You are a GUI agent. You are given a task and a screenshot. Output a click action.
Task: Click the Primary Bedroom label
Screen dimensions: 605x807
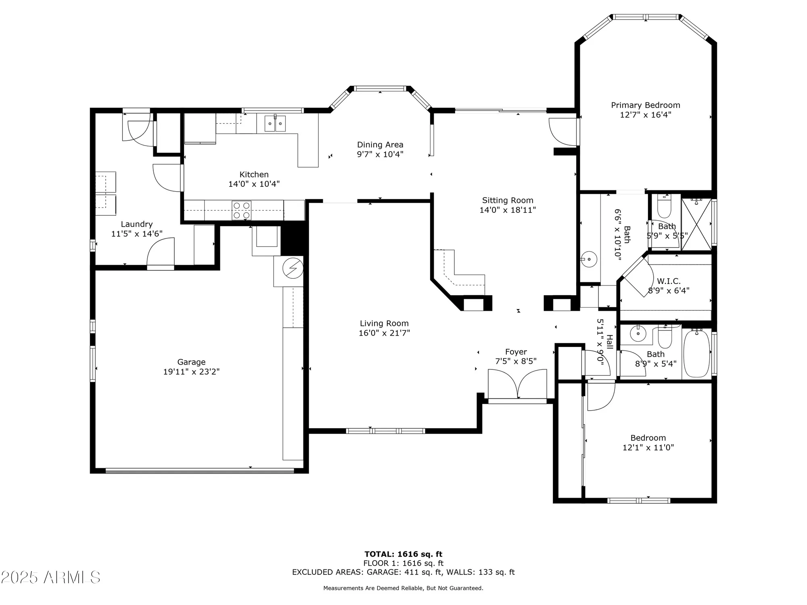(645, 105)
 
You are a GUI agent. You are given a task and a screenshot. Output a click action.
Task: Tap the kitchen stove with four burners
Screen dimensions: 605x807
(241, 210)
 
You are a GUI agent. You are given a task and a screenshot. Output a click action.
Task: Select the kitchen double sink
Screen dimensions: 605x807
(275, 123)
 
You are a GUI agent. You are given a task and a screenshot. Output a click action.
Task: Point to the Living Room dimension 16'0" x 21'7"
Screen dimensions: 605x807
(384, 333)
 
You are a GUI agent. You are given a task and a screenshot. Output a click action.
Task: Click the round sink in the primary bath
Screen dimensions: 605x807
(589, 258)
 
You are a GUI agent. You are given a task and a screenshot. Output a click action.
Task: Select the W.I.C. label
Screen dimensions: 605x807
(669, 281)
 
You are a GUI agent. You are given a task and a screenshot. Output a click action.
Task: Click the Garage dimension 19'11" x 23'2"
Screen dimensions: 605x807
(191, 372)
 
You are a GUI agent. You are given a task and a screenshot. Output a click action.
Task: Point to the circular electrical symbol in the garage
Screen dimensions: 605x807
(293, 268)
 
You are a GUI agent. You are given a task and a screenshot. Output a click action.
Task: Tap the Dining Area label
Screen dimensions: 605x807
(380, 145)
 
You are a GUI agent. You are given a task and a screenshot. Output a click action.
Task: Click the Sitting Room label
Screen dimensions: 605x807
(508, 200)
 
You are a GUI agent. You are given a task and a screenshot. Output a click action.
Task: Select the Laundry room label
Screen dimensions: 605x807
(137, 224)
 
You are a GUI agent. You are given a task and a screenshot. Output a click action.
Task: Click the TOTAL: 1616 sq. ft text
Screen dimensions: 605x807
(403, 554)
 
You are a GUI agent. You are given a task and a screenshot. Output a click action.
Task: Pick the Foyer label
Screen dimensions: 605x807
(516, 352)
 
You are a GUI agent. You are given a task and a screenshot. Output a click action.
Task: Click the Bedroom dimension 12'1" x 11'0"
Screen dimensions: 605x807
(648, 447)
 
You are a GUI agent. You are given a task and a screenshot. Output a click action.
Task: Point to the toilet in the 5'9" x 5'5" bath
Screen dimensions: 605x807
(664, 208)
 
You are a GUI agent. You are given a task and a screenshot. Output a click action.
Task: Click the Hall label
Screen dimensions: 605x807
(610, 342)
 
